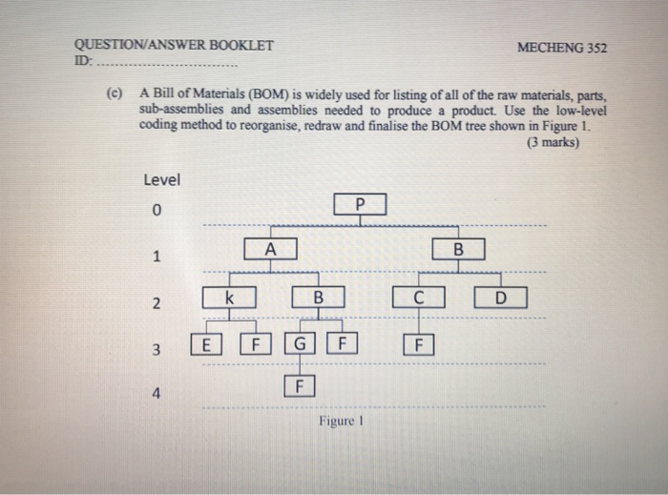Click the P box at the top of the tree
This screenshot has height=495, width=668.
(360, 204)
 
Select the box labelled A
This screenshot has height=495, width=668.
(270, 249)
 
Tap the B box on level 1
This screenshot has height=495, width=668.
(458, 250)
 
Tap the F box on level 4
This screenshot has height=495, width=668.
(299, 386)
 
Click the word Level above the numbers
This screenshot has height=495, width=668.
(161, 179)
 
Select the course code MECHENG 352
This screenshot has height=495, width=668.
(561, 48)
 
